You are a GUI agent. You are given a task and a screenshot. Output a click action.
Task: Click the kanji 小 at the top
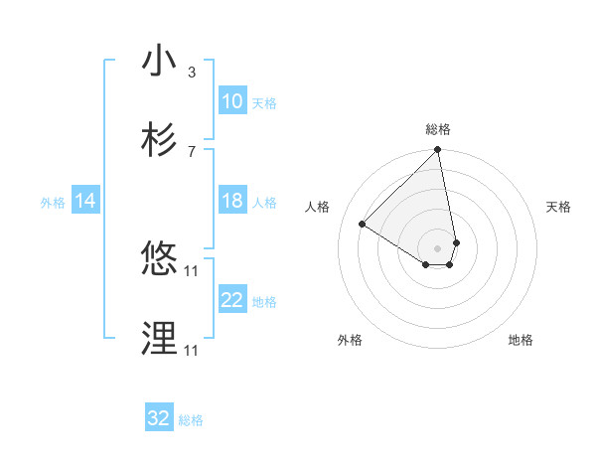click(x=159, y=61)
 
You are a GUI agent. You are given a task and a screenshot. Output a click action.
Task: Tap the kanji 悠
click(x=159, y=259)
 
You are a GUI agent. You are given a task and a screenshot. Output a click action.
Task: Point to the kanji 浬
click(x=159, y=339)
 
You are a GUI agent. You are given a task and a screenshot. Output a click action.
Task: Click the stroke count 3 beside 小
click(x=191, y=73)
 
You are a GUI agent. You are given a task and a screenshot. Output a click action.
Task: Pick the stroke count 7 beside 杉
click(x=191, y=151)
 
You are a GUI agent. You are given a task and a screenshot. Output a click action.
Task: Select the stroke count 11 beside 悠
click(x=193, y=270)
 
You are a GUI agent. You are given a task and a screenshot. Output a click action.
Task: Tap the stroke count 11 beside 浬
click(x=193, y=350)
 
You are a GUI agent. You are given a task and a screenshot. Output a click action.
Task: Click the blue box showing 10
click(x=232, y=101)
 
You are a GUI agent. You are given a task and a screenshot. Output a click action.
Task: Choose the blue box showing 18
click(x=232, y=201)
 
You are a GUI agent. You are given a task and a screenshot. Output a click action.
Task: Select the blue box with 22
click(x=232, y=300)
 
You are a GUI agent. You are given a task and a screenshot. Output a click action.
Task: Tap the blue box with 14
click(x=85, y=201)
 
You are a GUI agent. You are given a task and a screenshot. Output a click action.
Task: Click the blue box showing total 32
click(x=159, y=418)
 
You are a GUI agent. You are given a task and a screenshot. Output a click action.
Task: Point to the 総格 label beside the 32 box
click(x=191, y=421)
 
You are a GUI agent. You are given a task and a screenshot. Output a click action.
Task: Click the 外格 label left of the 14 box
click(x=53, y=203)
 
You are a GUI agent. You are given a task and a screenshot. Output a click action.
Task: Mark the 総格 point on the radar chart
click(x=437, y=151)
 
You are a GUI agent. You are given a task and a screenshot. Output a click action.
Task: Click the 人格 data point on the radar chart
click(x=363, y=224)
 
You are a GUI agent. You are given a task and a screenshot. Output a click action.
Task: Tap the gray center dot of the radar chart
click(x=437, y=247)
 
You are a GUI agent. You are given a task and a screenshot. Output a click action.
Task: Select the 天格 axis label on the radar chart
click(x=559, y=207)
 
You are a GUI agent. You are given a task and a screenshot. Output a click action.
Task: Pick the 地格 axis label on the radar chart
click(x=521, y=340)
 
